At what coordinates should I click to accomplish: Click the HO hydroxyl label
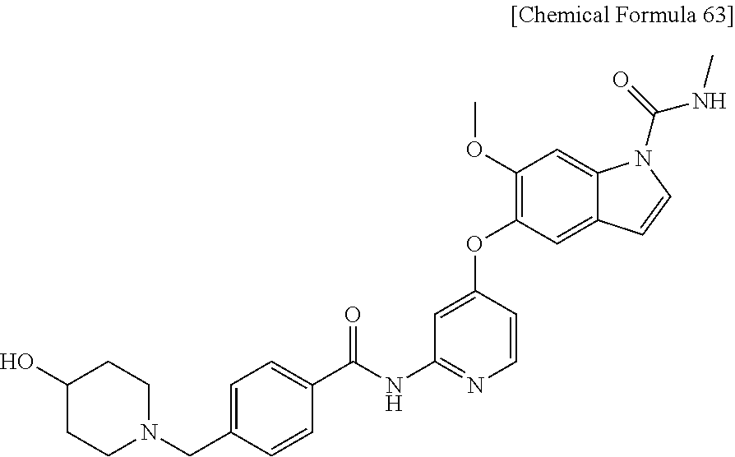[x=17, y=362]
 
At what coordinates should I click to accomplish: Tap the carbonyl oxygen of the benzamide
[x=354, y=316]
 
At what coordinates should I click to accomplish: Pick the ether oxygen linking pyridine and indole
[x=473, y=244]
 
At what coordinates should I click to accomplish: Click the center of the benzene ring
[x=272, y=408]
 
